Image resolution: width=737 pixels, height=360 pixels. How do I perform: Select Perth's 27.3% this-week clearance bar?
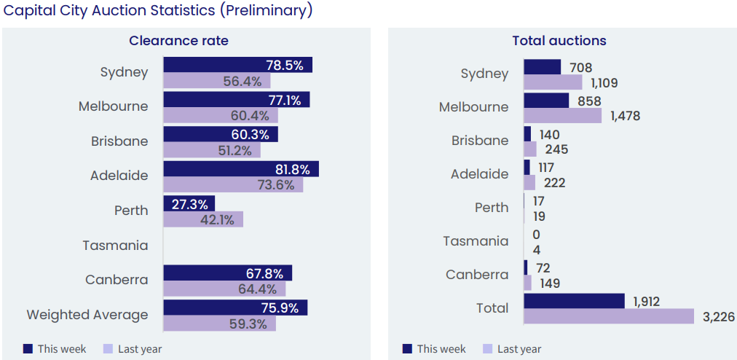(x=189, y=203)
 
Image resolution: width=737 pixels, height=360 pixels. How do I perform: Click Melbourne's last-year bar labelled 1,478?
(x=562, y=116)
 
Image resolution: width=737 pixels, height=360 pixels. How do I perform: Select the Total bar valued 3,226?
(x=608, y=316)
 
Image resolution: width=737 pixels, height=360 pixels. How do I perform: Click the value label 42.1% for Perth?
(x=219, y=220)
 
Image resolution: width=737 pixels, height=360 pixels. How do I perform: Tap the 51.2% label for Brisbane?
(x=234, y=151)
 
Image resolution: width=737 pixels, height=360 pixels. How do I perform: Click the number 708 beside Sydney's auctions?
(x=581, y=68)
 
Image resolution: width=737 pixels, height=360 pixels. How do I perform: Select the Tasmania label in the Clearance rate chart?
(x=115, y=246)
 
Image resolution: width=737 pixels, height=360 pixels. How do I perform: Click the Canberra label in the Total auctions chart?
(x=477, y=275)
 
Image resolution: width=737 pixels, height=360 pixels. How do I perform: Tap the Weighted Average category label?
(x=87, y=315)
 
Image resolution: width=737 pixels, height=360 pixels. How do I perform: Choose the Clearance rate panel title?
(x=178, y=41)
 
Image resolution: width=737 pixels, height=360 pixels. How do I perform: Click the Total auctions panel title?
(x=559, y=41)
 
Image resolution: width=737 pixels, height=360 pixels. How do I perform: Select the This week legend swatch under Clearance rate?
(x=28, y=349)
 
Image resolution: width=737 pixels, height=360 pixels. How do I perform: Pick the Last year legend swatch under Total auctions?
(x=488, y=349)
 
